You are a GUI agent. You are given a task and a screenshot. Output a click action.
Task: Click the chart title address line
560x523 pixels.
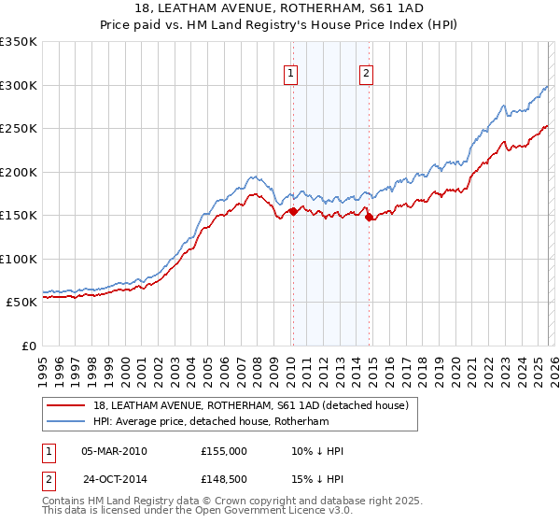280,8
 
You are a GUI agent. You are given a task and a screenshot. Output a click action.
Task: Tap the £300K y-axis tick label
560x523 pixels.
18,85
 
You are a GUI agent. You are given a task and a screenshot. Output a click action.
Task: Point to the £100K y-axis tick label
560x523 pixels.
18,259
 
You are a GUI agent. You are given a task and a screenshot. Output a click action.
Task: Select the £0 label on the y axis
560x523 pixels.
28,346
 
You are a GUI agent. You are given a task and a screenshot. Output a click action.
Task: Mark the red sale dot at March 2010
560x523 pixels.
292,211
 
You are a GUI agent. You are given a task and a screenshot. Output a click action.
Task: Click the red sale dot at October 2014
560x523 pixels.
369,217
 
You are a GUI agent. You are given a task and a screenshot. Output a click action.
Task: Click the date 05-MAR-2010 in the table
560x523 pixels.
114,451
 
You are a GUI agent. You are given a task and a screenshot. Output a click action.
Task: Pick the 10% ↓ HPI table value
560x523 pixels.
317,451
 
